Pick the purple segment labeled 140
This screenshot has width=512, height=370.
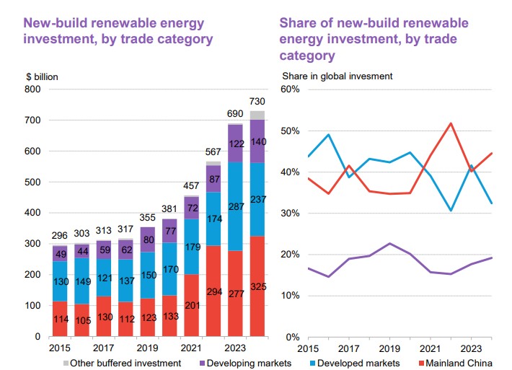(257, 141)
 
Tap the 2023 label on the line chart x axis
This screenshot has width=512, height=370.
(472, 345)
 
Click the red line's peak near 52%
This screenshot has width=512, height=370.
(451, 123)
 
